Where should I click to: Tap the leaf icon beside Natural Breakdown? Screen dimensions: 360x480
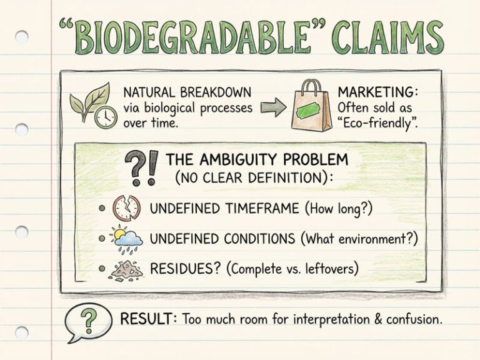[x=85, y=99]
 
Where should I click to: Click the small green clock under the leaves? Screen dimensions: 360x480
[x=104, y=116]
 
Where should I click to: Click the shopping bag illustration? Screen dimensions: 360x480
[x=311, y=106]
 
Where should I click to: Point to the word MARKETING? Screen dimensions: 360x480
[x=377, y=92]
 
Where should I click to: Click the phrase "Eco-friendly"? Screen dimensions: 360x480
[x=377, y=122]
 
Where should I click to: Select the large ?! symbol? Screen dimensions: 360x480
[x=141, y=167]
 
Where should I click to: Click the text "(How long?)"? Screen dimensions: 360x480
[x=338, y=208]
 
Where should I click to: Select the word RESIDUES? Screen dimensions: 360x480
[x=186, y=269]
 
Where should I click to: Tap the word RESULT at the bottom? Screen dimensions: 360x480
[x=148, y=319]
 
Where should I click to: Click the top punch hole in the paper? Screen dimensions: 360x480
[x=22, y=36]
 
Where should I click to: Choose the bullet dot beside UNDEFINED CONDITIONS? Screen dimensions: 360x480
[x=102, y=239]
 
